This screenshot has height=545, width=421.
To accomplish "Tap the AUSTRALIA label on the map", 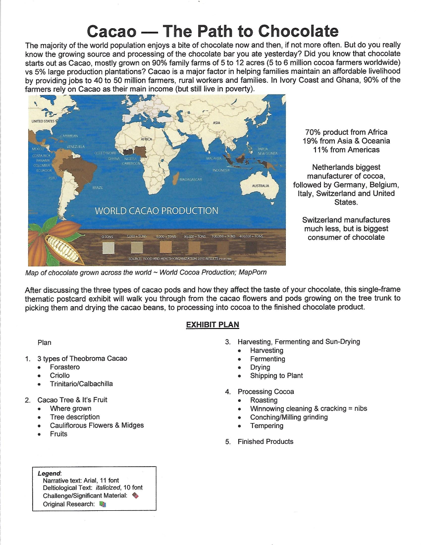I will pos(261,185).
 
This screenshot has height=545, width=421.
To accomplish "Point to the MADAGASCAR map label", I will pos(190,179).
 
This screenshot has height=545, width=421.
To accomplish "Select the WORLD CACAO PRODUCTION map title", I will pos(157,211).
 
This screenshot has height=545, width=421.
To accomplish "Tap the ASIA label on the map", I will pos(216,122).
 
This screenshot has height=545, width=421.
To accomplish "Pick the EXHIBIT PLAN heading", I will pos(212,325).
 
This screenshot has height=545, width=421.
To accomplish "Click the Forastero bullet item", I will pos(64,367).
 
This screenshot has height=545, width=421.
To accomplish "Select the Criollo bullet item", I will pos(59,376).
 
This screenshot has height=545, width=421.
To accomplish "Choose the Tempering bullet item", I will pos(266,426).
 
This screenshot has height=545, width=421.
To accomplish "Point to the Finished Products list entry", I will pos(265,441).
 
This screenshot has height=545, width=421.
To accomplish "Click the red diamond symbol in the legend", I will pos(136,495).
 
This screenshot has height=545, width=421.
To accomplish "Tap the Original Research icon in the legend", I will pos(103,504).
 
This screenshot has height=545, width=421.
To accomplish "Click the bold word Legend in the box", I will pos(49,473).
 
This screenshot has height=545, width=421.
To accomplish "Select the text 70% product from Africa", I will pos(346,132).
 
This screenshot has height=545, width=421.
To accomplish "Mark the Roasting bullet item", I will pos(263,400).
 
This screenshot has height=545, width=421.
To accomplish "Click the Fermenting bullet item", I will pos(267,359).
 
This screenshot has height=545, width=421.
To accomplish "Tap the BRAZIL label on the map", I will pos(98,188).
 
